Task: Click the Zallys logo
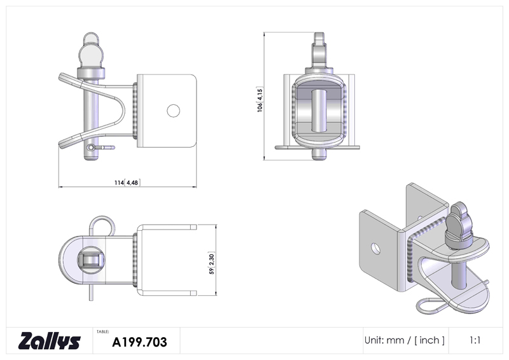pyautogui.click(x=49, y=340)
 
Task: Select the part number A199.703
pyautogui.click(x=139, y=342)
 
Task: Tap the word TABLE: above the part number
pyautogui.click(x=102, y=332)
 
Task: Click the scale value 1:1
pyautogui.click(x=475, y=340)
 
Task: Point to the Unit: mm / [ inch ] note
pyautogui.click(x=405, y=340)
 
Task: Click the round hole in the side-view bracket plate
pyautogui.click(x=173, y=111)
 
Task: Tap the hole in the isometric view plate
pyautogui.click(x=376, y=249)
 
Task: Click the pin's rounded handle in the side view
pyautogui.click(x=90, y=50)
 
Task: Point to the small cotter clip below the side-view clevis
pyautogui.click(x=101, y=148)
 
